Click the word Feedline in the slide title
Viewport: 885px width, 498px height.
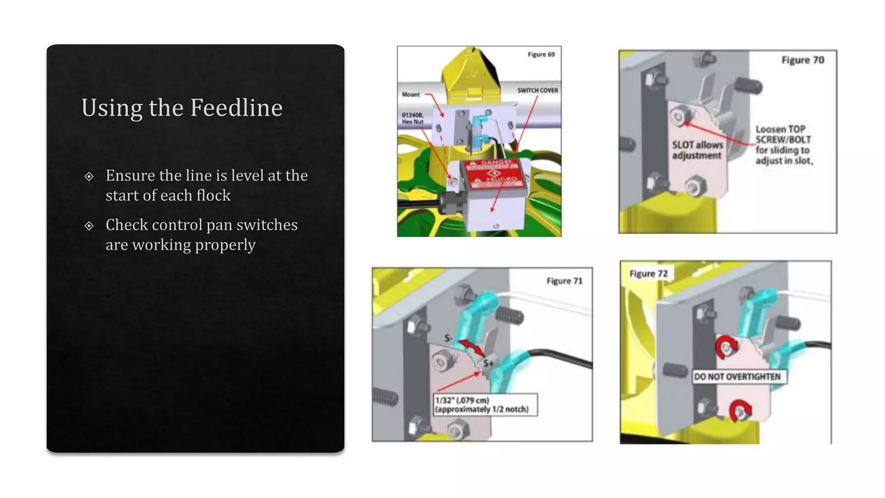click(x=236, y=107)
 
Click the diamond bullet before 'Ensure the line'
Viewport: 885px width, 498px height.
click(x=89, y=176)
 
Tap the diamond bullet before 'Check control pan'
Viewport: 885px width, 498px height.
click(x=89, y=226)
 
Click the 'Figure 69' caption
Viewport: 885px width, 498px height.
click(x=541, y=54)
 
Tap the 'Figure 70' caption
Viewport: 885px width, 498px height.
click(x=802, y=60)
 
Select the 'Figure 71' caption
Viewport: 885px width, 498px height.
click(x=564, y=281)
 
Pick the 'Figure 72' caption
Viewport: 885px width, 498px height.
click(x=648, y=274)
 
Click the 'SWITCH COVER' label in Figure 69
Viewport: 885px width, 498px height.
click(x=538, y=90)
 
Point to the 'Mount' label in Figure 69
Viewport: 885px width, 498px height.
click(x=411, y=94)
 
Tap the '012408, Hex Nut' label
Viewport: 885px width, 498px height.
click(x=413, y=118)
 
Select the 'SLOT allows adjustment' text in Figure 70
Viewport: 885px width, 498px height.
click(x=697, y=150)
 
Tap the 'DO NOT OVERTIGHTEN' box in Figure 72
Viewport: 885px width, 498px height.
click(x=737, y=377)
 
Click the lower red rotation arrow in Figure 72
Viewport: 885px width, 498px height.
click(x=740, y=410)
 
